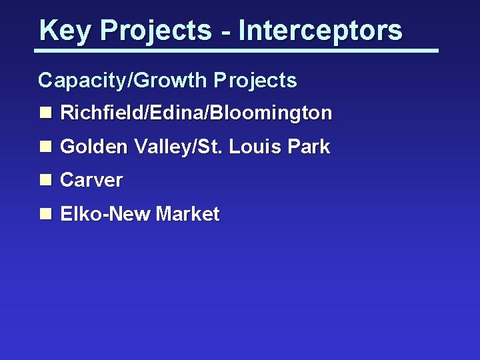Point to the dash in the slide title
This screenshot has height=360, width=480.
coord(227,32)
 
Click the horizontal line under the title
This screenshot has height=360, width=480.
coord(237,50)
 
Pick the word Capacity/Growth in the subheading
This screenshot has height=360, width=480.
coord(123,81)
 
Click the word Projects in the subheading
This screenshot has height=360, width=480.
coord(255,81)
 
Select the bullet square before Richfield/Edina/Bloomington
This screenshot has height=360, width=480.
coord(45,113)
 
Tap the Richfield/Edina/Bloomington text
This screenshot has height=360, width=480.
coord(196,113)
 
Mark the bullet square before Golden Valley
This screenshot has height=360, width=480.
coord(45,147)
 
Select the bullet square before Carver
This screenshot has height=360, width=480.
coord(45,180)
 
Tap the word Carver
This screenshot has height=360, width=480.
coord(91,180)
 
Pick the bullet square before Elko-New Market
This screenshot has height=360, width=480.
coord(45,214)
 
